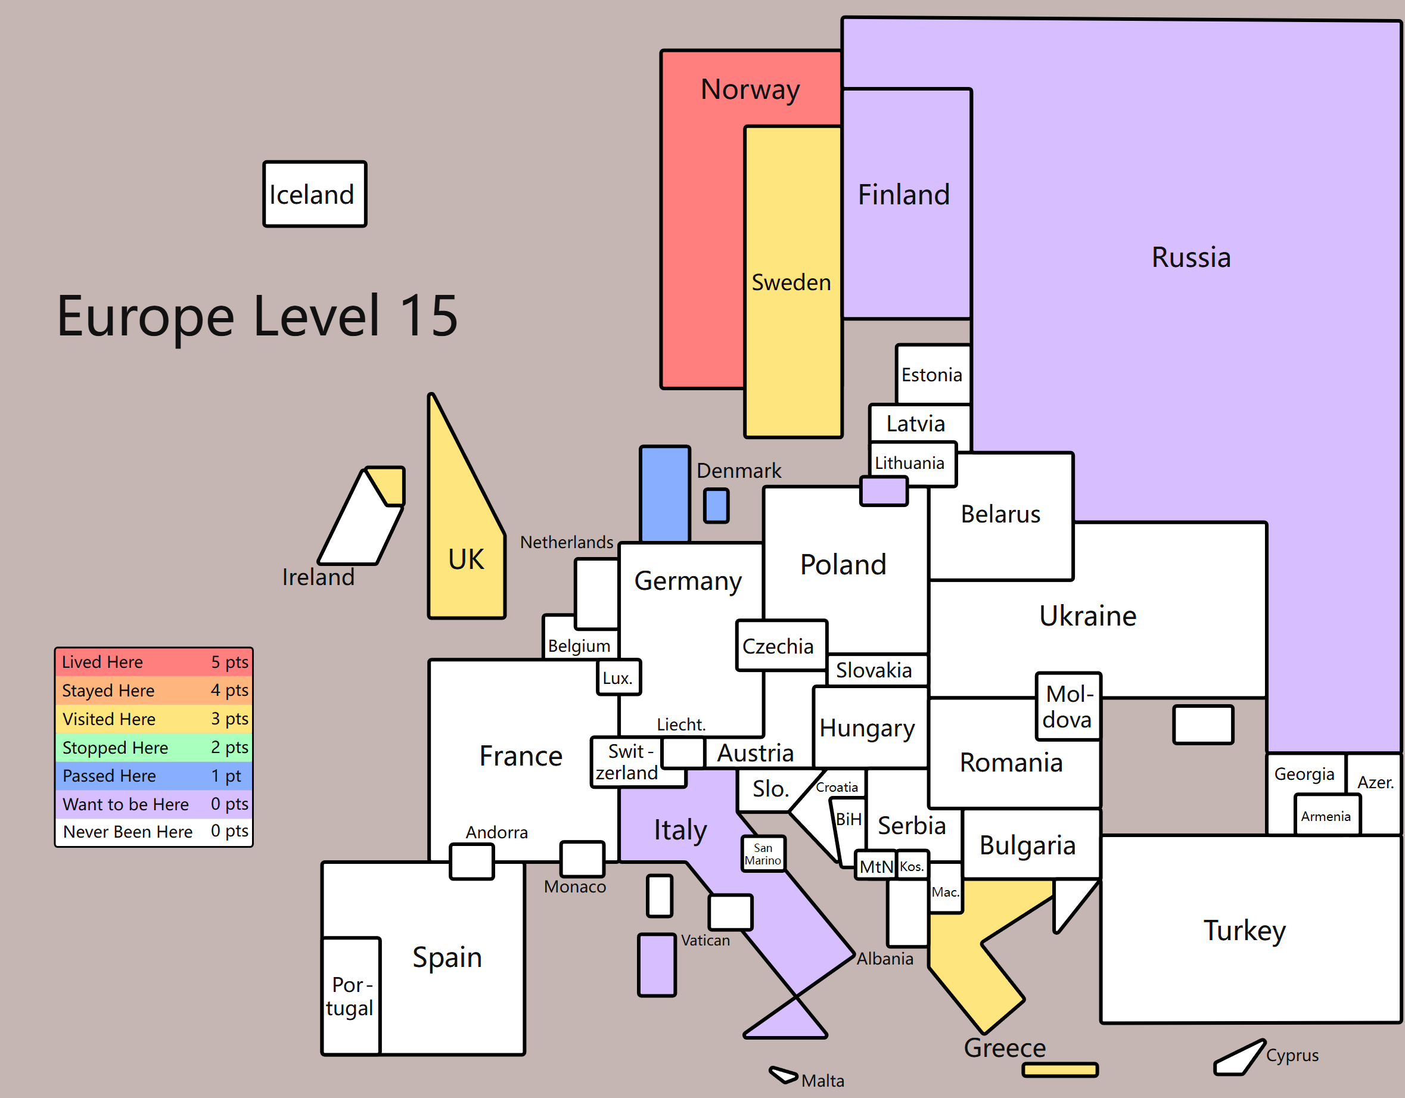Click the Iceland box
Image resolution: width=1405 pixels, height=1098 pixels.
coord(315,194)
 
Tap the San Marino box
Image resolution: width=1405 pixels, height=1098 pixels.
coord(763,854)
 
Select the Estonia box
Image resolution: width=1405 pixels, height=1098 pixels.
coord(933,374)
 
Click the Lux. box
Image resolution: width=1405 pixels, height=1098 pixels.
coord(619,677)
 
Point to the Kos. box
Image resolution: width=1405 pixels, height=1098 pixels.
coord(912,866)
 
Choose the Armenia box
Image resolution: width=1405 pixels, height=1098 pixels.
coord(1327,815)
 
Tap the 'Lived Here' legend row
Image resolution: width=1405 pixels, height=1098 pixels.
coord(154,662)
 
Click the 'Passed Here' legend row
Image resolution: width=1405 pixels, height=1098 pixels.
coord(154,776)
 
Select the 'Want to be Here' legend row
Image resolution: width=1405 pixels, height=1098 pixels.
coord(154,804)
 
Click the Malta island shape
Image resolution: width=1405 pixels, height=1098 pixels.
coord(784,1074)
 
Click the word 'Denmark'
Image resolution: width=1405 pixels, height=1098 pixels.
coord(738,471)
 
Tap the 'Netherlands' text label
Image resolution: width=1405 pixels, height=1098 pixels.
coord(567,542)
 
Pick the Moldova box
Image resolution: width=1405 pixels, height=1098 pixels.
coord(1068,706)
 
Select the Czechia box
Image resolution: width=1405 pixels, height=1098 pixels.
coord(782,646)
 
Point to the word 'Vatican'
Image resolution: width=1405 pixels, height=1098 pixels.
coord(705,940)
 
